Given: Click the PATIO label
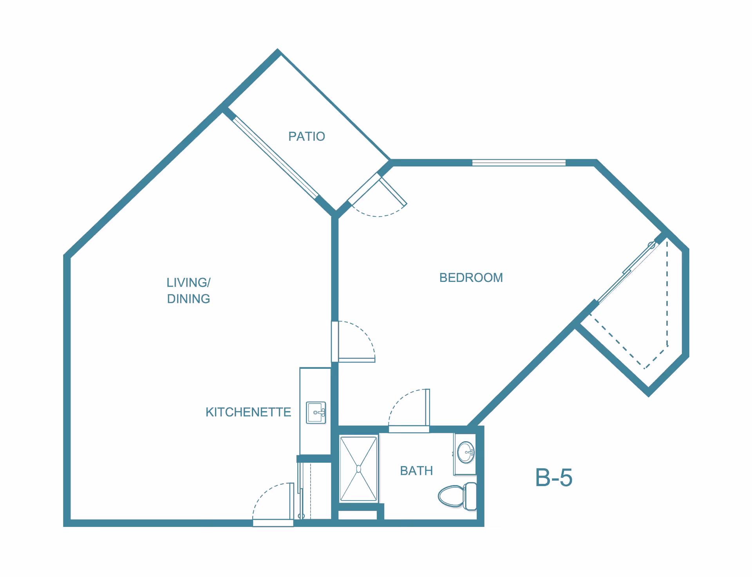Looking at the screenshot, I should [x=307, y=136].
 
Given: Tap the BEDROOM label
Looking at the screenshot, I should [x=471, y=278].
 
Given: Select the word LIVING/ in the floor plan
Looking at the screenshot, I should [x=188, y=282].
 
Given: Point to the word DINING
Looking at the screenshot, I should [x=188, y=299].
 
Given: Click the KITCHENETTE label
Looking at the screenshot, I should [x=248, y=412].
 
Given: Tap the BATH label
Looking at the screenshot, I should [x=416, y=471].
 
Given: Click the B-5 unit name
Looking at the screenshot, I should [x=553, y=478].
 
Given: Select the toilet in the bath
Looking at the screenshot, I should [x=454, y=496].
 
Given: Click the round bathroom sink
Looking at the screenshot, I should [x=466, y=452].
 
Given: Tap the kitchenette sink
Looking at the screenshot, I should [x=316, y=413].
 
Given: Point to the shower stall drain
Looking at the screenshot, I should [x=358, y=469].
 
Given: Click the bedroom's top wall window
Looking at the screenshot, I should [x=519, y=163].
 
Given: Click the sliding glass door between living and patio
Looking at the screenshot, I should [x=275, y=157].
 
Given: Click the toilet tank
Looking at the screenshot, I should [x=470, y=496].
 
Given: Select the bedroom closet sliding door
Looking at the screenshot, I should [x=627, y=272].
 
